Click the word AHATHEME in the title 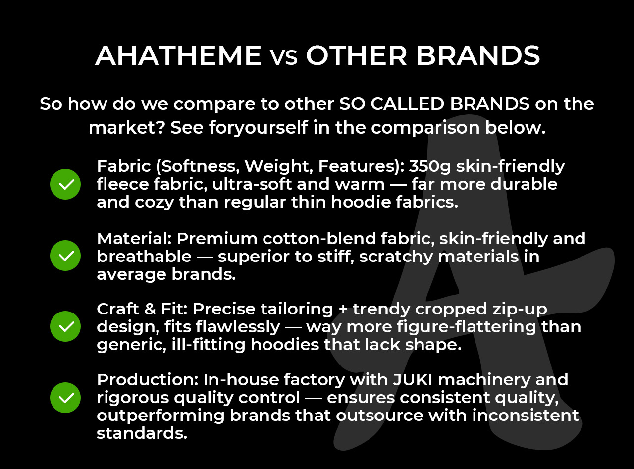point(178,55)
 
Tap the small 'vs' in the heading point(284,58)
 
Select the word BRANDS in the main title point(478,55)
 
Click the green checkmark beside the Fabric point point(65,184)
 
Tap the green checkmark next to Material point(65,256)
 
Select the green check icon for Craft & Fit point(65,326)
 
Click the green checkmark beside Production point(65,398)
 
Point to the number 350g point(429,166)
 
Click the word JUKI point(413,380)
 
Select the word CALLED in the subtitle point(407,104)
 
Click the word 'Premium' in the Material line point(217,238)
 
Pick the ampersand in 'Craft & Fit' point(150,309)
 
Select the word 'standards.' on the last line point(142,433)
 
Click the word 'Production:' point(148,380)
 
